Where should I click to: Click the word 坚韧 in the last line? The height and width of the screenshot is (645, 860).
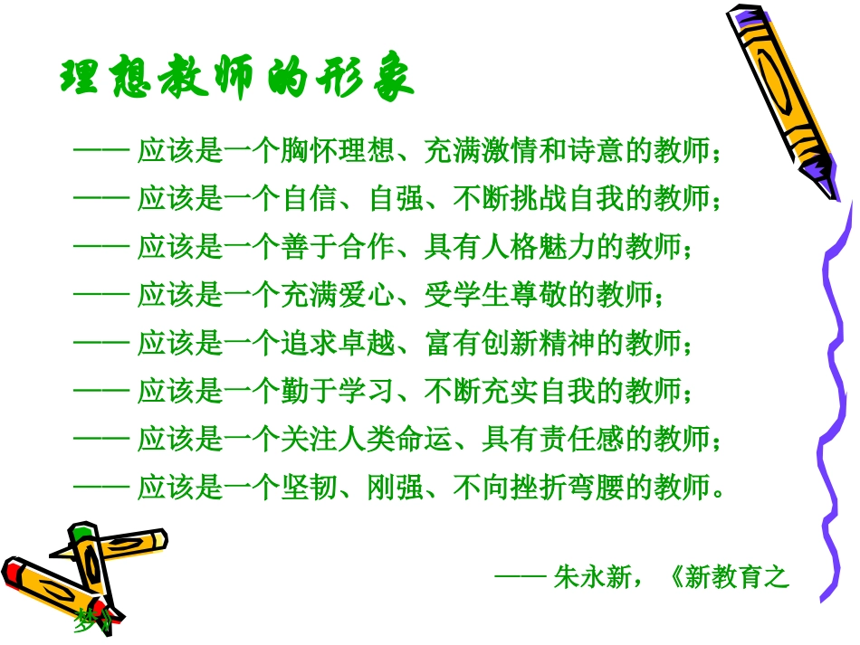308,489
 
